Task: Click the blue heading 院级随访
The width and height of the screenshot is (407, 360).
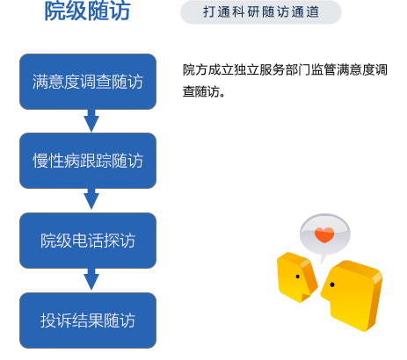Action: [87, 11]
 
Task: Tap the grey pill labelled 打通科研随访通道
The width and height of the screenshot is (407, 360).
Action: [261, 12]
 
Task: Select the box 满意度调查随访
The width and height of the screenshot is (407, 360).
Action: [88, 82]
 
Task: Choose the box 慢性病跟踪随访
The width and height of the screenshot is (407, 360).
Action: [88, 161]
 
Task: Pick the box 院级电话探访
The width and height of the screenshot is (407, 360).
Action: [88, 241]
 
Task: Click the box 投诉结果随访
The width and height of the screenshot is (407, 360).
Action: [88, 320]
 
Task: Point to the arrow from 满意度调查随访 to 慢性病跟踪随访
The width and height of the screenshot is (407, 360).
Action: [91, 120]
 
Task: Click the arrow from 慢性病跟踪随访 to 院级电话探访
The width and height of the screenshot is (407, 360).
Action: [91, 199]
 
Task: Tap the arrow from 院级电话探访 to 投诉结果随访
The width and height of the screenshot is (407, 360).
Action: [91, 279]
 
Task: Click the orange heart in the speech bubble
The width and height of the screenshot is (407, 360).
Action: [324, 234]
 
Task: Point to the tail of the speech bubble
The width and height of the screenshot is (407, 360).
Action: [323, 259]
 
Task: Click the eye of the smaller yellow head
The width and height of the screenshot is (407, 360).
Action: [298, 277]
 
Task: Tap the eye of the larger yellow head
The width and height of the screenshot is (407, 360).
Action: [332, 284]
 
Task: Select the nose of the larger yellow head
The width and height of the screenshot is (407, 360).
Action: [323, 292]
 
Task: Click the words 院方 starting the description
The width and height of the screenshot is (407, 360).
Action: [195, 70]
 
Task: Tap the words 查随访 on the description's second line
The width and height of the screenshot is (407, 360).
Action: [201, 91]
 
